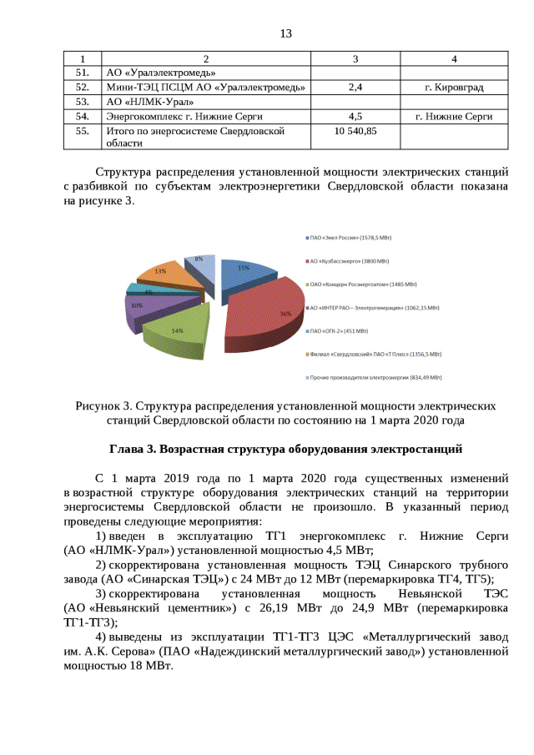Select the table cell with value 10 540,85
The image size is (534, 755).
click(355, 132)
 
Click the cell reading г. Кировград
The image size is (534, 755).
click(454, 87)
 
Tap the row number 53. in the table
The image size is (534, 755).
click(82, 102)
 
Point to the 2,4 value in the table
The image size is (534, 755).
click(355, 87)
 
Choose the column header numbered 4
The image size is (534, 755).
click(454, 58)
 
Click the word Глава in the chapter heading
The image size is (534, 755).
click(127, 449)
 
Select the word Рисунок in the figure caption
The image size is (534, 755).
click(98, 406)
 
